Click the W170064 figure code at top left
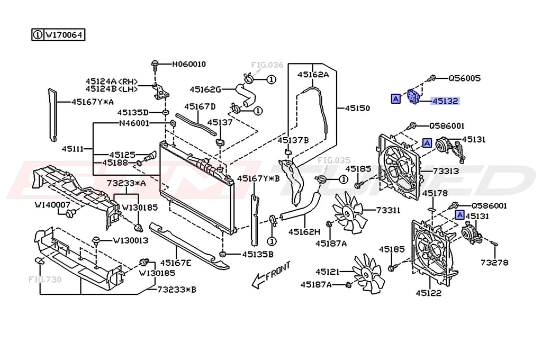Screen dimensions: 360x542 tap(64, 35)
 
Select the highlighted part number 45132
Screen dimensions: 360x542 tap(445, 101)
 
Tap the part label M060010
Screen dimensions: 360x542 tap(189, 64)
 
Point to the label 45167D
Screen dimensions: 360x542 tap(200, 107)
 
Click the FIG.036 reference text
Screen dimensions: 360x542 tap(267, 65)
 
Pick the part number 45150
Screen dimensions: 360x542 tap(358, 108)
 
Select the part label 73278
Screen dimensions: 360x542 tap(494, 262)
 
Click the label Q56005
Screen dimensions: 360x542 tap(464, 78)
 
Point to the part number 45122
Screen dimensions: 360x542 tap(429, 292)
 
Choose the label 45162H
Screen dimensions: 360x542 tap(304, 231)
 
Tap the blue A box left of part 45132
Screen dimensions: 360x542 tap(395, 98)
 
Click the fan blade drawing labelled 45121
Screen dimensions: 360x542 tap(367, 273)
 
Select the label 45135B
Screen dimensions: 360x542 tap(258, 254)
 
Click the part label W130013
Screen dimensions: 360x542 tap(130, 240)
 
